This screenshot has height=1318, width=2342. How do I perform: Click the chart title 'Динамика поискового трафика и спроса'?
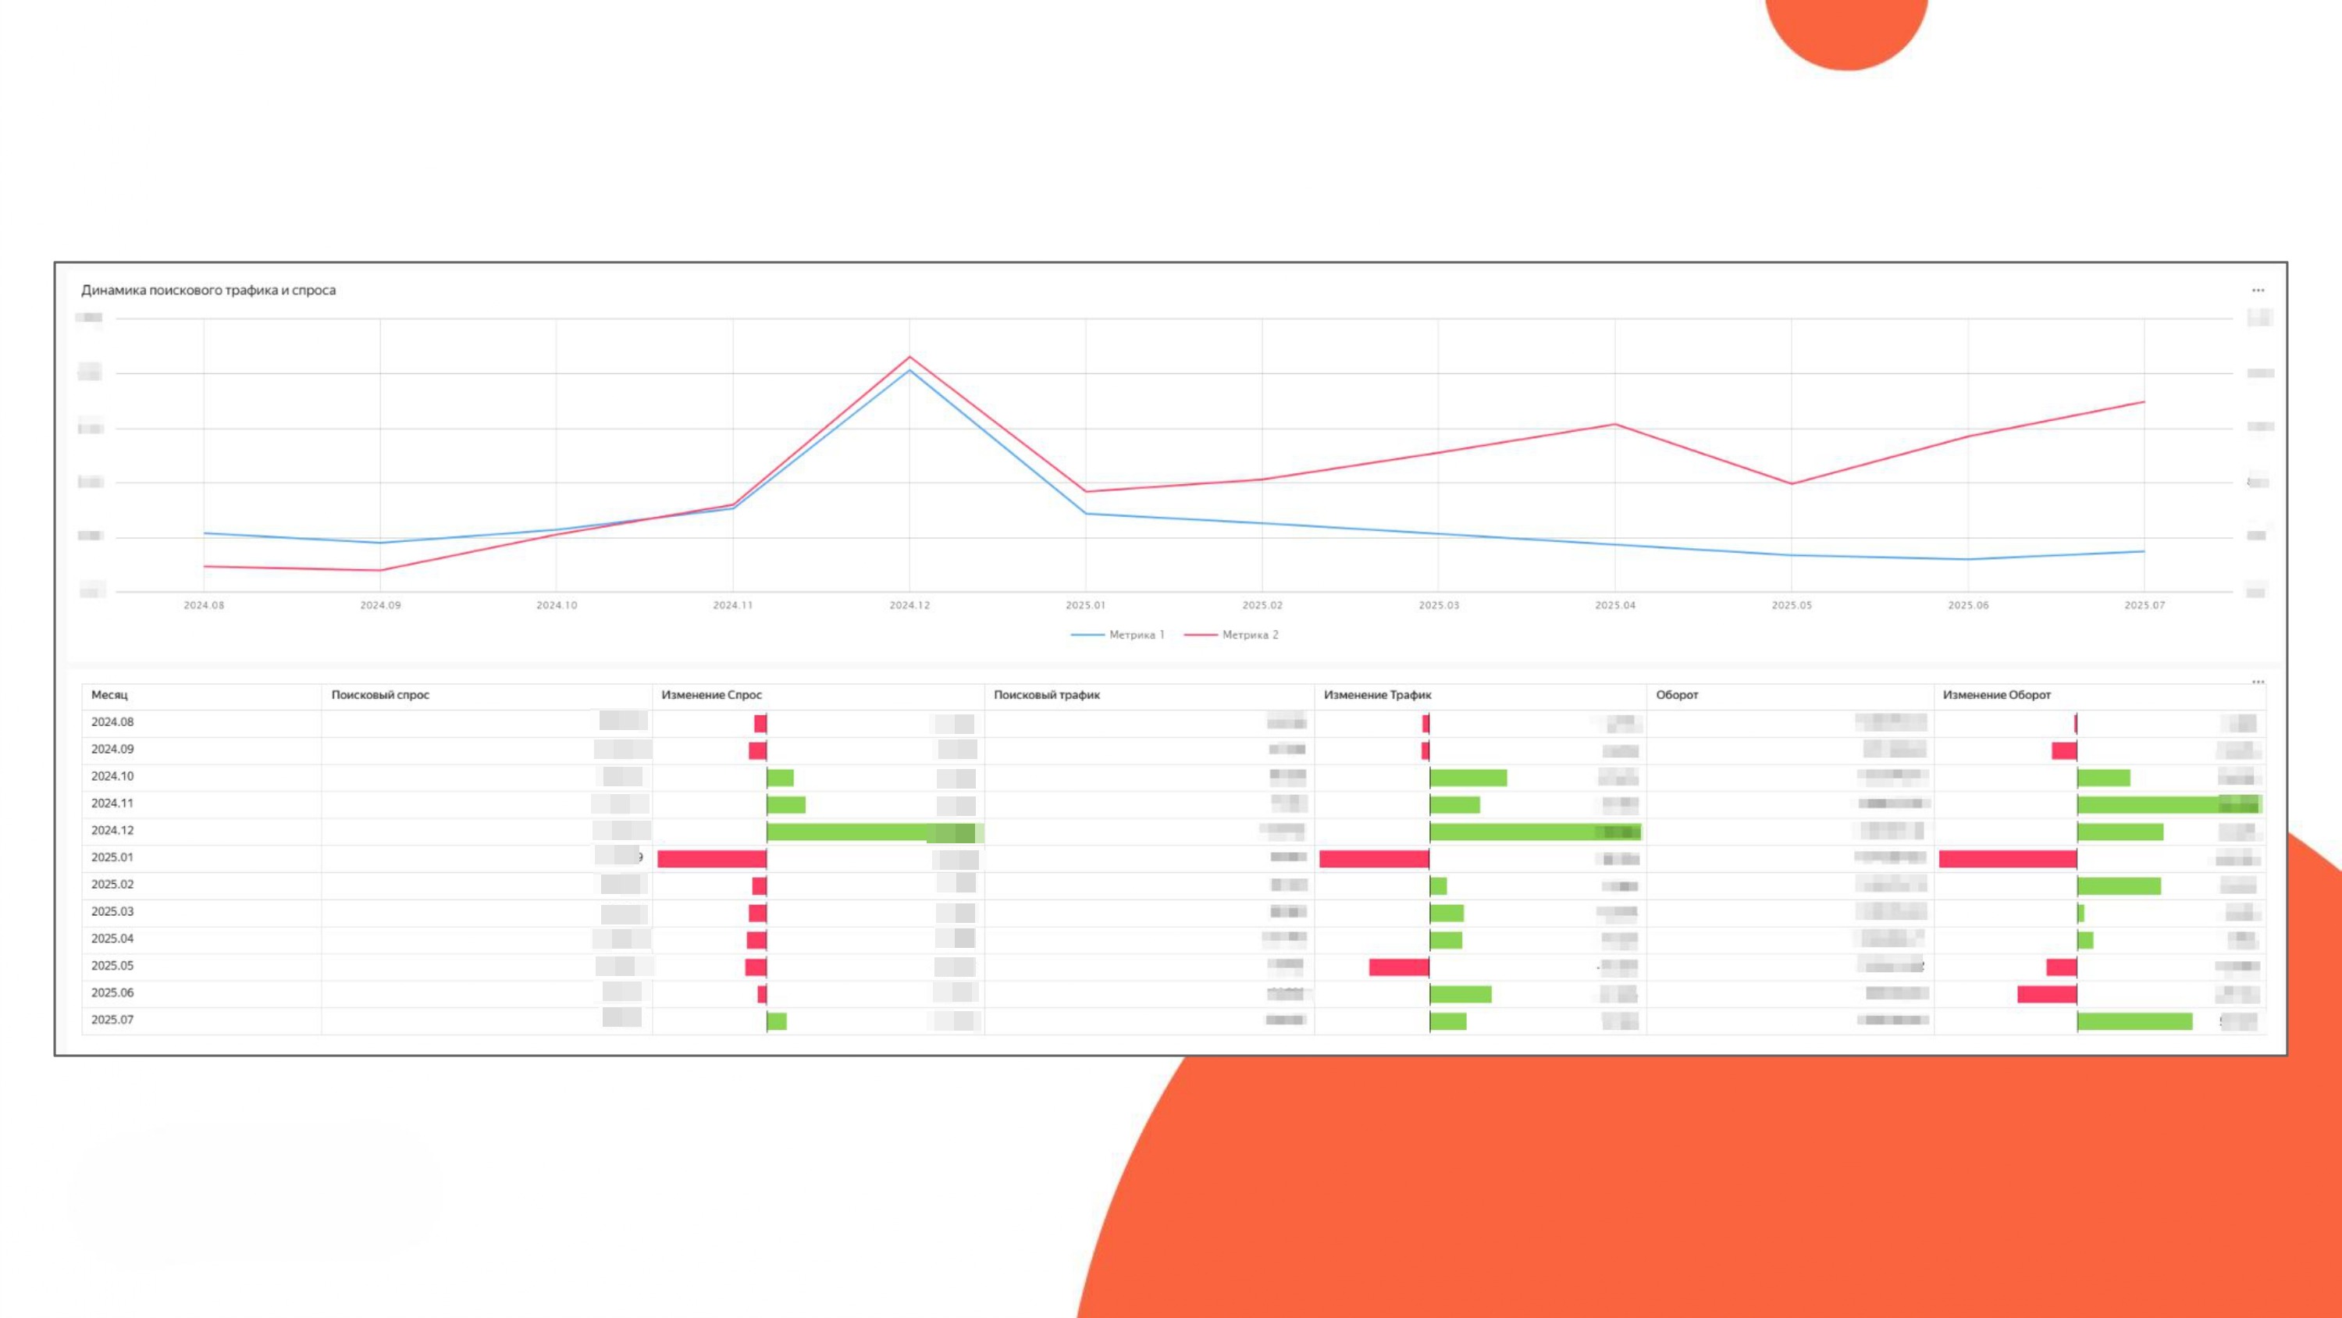208,290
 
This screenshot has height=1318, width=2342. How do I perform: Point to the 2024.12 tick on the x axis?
909,605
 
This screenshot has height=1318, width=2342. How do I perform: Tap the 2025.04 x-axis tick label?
1614,605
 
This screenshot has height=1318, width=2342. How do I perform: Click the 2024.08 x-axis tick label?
204,605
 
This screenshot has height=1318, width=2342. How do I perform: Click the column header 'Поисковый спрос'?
380,695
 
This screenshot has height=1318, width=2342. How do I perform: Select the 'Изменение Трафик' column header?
1377,695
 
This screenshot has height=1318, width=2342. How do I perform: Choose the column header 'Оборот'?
1677,695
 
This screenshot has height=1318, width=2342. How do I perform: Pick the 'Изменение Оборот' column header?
1996,695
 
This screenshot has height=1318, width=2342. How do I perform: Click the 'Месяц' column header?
109,695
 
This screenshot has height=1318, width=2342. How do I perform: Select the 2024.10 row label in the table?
112,776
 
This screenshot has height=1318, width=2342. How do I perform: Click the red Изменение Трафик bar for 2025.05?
1398,967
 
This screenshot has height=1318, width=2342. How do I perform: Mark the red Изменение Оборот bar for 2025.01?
2007,859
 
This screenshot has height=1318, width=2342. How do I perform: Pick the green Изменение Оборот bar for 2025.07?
2134,1021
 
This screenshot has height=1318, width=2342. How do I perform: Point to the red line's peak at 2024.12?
909,357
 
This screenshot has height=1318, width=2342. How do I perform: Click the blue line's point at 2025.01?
1086,514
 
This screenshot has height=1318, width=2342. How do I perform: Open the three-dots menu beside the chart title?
2258,290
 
